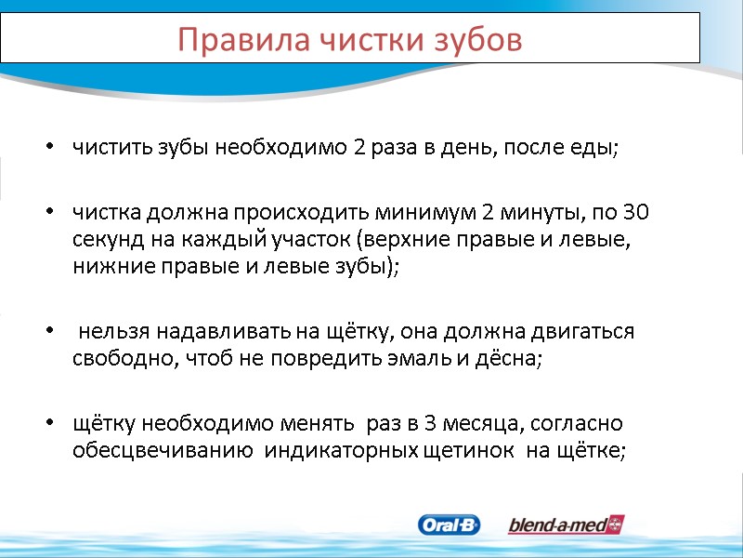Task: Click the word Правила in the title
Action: tap(227, 40)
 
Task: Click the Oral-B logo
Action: tap(450, 525)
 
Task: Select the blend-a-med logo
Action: tap(566, 525)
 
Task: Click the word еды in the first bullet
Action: tap(598, 149)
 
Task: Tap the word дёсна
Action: tap(509, 359)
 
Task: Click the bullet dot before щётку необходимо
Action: tap(48, 424)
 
